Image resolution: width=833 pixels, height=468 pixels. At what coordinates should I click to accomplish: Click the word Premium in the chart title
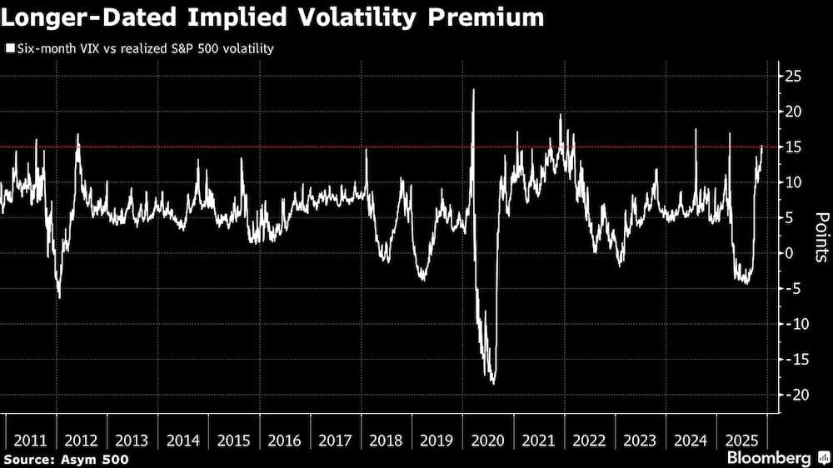click(x=477, y=17)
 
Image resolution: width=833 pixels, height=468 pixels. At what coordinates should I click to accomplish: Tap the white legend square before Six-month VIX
click(x=9, y=49)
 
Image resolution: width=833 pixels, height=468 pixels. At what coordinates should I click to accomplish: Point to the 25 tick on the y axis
click(x=794, y=77)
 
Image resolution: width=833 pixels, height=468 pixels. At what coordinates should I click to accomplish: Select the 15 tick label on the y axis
click(x=794, y=147)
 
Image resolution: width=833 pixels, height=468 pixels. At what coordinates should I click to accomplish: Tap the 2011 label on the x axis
click(x=31, y=441)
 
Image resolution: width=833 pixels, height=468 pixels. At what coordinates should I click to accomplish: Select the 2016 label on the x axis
click(x=284, y=441)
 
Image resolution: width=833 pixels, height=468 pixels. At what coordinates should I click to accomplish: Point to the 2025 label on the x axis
click(x=741, y=441)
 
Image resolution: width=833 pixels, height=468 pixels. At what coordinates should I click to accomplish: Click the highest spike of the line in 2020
click(x=473, y=89)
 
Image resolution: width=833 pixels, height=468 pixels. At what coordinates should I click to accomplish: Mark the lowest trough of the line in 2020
click(x=493, y=383)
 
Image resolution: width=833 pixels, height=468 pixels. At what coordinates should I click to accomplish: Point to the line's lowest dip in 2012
click(x=59, y=297)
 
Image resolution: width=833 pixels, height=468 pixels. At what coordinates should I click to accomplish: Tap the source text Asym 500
click(x=97, y=459)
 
